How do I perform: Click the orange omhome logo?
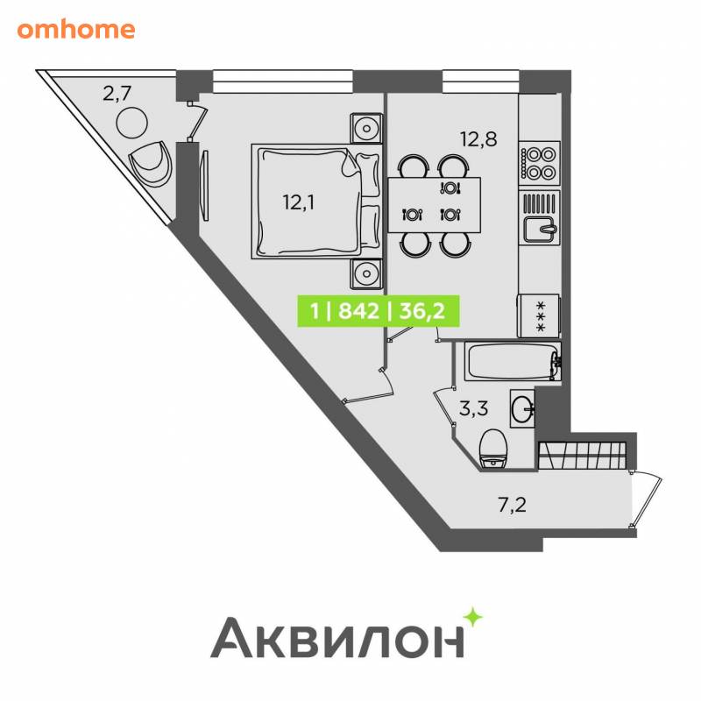pyautogui.click(x=76, y=30)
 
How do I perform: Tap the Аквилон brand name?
pyautogui.click(x=337, y=637)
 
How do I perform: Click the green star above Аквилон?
pyautogui.click(x=472, y=618)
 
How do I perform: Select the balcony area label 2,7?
pyautogui.click(x=117, y=94)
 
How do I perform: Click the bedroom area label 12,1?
pyautogui.click(x=299, y=202)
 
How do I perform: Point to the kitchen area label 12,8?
pyautogui.click(x=478, y=139)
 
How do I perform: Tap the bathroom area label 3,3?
pyautogui.click(x=473, y=408)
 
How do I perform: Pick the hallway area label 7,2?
pyautogui.click(x=512, y=506)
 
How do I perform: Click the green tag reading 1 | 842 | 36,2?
pyautogui.click(x=379, y=311)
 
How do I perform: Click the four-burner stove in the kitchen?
pyautogui.click(x=540, y=163)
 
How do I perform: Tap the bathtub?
pyautogui.click(x=513, y=361)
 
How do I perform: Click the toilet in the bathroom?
pyautogui.click(x=492, y=449)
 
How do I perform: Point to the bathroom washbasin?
pyautogui.click(x=522, y=408)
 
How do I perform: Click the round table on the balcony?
pyautogui.click(x=132, y=123)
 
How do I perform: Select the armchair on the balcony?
pyautogui.click(x=151, y=163)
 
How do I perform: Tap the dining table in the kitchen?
pyautogui.click(x=434, y=205)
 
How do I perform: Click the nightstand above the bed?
pyautogui.click(x=366, y=129)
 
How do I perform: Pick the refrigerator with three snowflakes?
pyautogui.click(x=538, y=315)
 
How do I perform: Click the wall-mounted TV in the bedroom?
pyautogui.click(x=205, y=185)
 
